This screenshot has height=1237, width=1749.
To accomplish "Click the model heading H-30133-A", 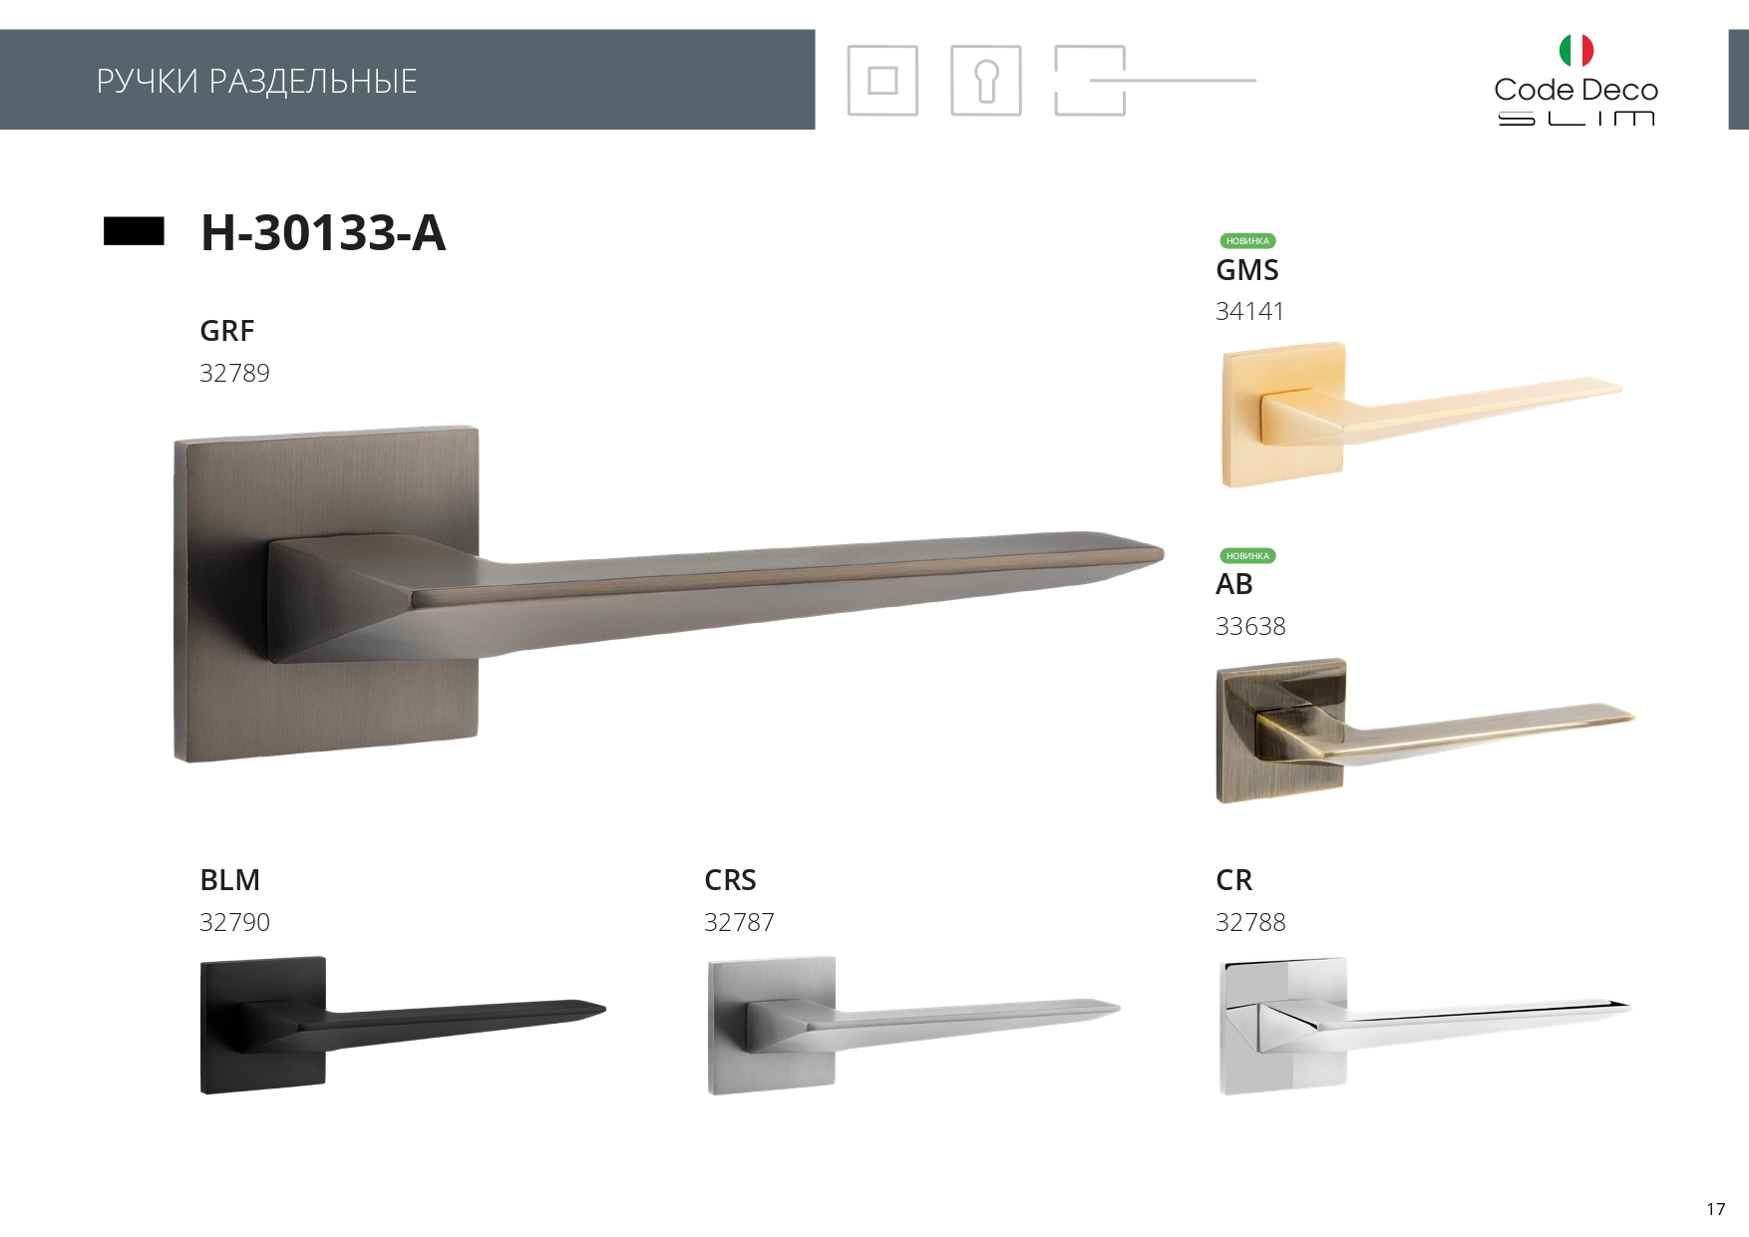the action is (x=323, y=232).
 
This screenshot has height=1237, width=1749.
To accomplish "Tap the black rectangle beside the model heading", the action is (x=134, y=231).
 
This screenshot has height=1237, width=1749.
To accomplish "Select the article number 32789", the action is (x=234, y=373).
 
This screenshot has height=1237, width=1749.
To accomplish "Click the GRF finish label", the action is (x=226, y=331).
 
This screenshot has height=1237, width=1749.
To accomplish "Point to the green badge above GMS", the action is (x=1247, y=241).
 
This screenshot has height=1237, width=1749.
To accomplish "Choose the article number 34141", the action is (x=1249, y=312).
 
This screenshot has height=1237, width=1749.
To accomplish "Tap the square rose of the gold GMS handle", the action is (x=1283, y=415).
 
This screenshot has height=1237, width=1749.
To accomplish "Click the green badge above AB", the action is (x=1247, y=556).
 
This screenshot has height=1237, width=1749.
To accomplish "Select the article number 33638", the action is (x=1250, y=626).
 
